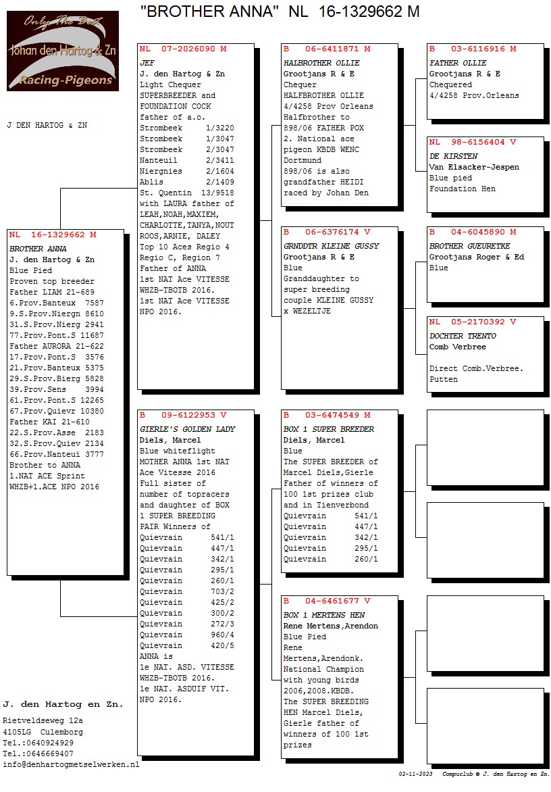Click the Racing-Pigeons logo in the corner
click(x=63, y=51)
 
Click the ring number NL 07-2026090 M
click(x=183, y=49)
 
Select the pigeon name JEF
click(x=147, y=63)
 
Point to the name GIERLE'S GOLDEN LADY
click(x=188, y=429)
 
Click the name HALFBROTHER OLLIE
click(x=322, y=63)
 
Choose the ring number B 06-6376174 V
click(x=327, y=232)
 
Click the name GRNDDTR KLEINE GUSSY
click(x=332, y=246)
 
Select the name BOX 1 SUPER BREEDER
click(x=329, y=429)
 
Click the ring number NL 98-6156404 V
click(x=473, y=143)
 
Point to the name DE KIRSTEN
click(x=453, y=156)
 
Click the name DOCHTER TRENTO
click(x=463, y=336)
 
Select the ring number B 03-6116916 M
click(x=473, y=49)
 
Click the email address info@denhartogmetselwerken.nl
click(x=71, y=764)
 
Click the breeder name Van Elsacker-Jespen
click(x=475, y=167)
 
